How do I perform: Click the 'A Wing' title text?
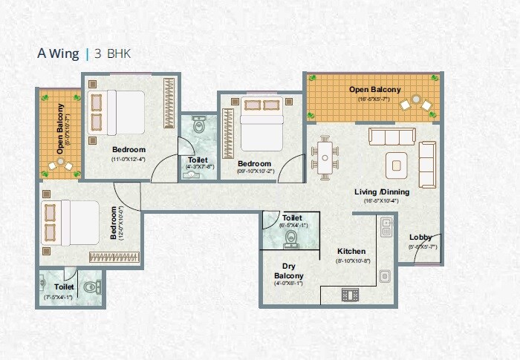(59, 53)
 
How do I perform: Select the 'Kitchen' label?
(351, 251)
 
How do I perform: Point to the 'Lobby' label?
(420, 238)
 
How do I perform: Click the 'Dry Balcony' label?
(290, 271)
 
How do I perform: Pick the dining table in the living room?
(325, 157)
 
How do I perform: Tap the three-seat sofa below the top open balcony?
(393, 137)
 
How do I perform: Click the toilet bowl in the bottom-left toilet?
(89, 286)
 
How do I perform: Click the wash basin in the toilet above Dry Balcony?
(290, 239)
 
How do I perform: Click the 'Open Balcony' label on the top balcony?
(375, 90)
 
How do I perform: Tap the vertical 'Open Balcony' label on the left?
(60, 132)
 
